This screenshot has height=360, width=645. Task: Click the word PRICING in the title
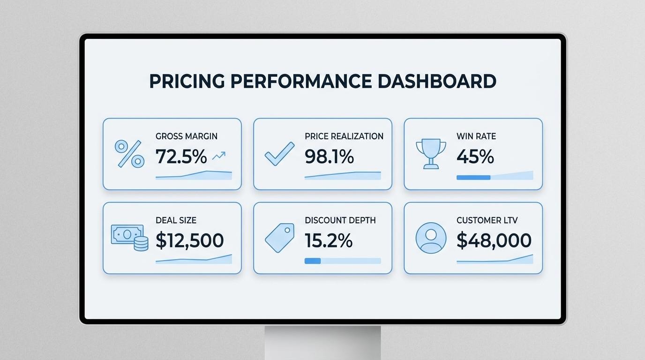coord(187,81)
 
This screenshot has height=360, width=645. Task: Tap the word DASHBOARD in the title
coord(437,81)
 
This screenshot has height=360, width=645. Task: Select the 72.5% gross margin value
coord(181,157)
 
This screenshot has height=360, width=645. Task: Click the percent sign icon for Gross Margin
coord(129,154)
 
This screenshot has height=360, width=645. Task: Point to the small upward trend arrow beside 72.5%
coord(219,156)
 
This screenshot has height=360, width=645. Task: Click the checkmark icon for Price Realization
coord(279,154)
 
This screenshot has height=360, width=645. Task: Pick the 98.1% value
coord(329,157)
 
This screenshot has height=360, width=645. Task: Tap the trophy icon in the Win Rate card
coord(431,154)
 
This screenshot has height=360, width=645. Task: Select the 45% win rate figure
coord(475,157)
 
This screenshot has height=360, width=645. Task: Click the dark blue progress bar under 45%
coord(473,177)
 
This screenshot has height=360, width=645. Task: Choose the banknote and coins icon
coord(129,238)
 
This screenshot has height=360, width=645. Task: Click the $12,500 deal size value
coord(189,240)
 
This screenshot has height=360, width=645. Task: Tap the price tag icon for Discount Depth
coord(279,238)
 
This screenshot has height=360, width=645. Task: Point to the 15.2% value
coord(329,240)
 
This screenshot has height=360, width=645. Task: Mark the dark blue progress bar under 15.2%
coord(313,261)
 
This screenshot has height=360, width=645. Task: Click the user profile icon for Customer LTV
coord(431,238)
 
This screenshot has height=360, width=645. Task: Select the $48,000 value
coord(494,240)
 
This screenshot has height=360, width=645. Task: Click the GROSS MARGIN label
coord(186,136)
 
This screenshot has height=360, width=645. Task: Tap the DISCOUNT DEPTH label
coord(340,220)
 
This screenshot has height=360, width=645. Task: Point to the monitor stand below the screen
coord(323,343)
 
